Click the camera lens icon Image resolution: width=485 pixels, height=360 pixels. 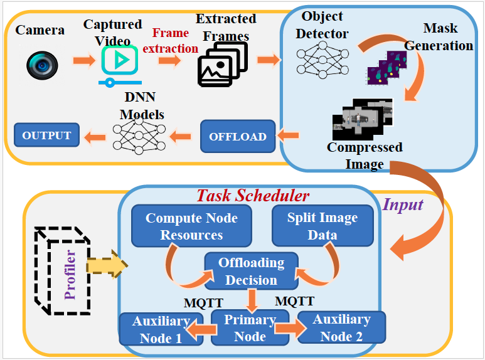[x=42, y=64]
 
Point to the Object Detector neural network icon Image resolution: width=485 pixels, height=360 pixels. [x=316, y=61]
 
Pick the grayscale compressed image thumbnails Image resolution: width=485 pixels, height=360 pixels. [x=363, y=119]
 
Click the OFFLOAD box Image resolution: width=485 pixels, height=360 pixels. [x=238, y=136]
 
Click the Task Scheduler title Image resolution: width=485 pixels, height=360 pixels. [x=253, y=196]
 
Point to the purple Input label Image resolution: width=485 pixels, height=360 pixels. [x=403, y=204]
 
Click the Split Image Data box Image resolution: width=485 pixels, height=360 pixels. [x=322, y=226]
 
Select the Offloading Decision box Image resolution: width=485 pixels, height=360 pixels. [x=251, y=271]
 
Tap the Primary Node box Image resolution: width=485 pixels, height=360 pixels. [x=250, y=328]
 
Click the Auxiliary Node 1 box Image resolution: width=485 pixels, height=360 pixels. [x=161, y=329]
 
